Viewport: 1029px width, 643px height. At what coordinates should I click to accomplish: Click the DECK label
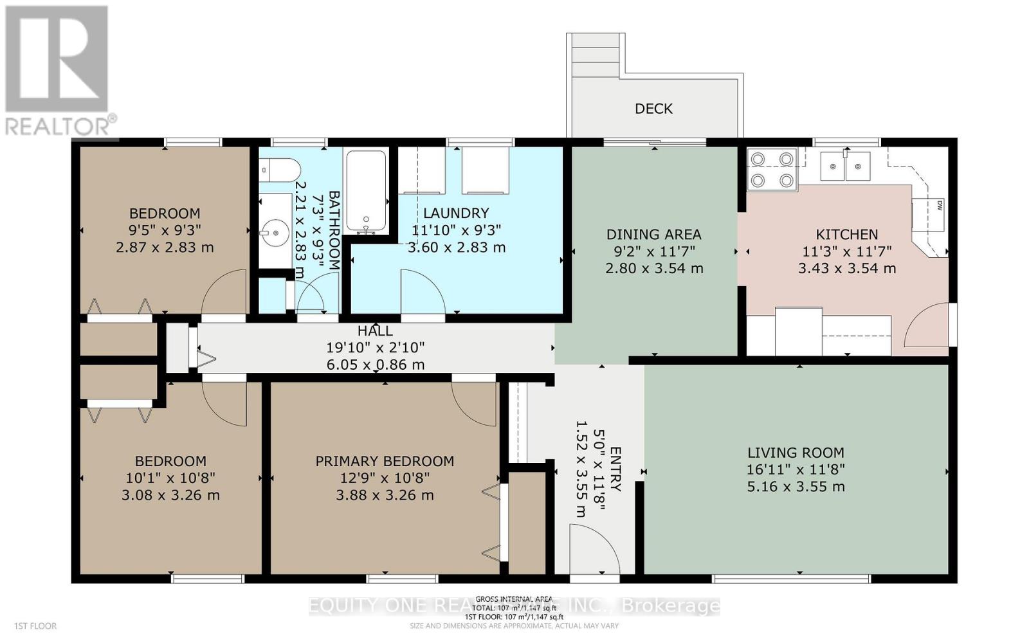pos(653,109)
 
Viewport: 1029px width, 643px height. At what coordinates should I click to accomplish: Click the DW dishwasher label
pos(939,206)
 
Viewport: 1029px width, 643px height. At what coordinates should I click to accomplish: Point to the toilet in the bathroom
pos(281,170)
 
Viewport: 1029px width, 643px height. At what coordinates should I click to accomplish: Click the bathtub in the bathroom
pos(366,191)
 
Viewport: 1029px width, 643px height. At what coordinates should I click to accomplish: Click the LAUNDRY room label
pos(456,213)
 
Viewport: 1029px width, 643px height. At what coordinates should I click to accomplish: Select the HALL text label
pos(375,331)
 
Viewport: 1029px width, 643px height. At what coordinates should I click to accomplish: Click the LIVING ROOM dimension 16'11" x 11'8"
pos(796,469)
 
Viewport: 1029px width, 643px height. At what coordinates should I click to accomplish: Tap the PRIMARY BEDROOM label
pos(385,461)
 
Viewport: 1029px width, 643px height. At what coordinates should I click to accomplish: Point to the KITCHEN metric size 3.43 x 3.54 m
pos(846,268)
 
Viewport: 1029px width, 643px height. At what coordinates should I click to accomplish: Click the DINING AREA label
pos(653,235)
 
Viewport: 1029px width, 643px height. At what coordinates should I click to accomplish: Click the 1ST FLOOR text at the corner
pos(31,626)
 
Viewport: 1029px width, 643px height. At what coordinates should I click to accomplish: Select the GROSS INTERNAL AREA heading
pos(514,599)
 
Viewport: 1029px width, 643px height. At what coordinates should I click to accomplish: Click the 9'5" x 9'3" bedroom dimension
pos(165,230)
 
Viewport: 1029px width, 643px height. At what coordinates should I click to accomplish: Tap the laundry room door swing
pos(421,293)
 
